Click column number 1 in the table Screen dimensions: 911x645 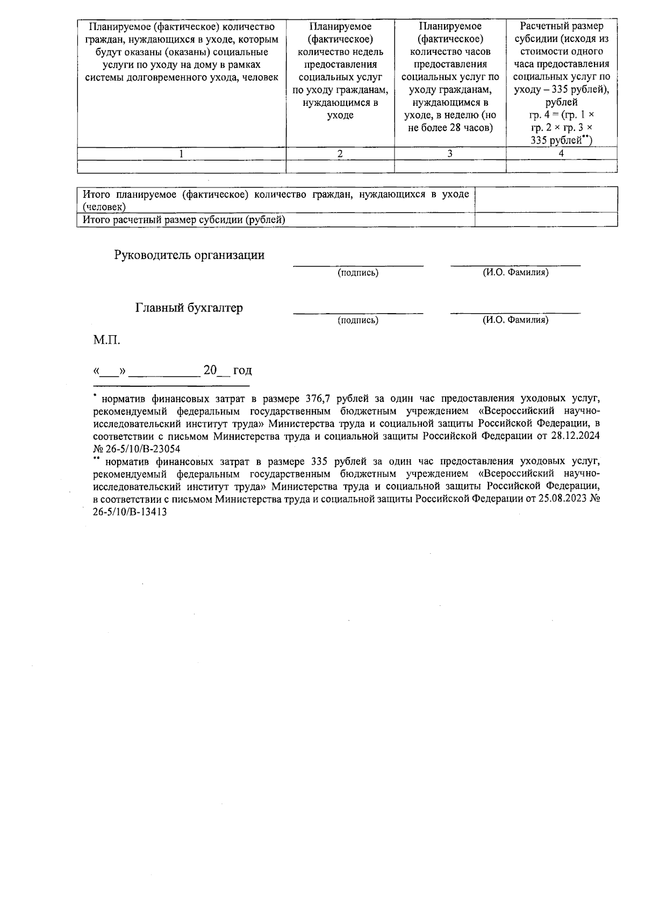tap(181, 154)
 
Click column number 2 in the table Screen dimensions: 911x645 tap(340, 154)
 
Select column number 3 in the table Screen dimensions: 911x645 tap(450, 154)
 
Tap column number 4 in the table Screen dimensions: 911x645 tap(561, 154)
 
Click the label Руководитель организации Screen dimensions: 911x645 tap(189, 255)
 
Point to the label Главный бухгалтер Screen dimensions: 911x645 tap(189, 308)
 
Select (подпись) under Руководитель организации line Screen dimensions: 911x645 tap(358, 273)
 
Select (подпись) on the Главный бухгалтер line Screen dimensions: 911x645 tap(358, 320)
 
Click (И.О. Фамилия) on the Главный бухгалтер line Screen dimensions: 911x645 tap(515, 320)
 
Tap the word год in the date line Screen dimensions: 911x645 tap(242, 371)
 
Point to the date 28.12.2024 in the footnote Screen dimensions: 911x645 tap(576, 436)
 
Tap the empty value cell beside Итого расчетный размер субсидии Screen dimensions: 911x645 tap(546, 220)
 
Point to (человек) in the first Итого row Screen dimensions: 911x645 tap(104, 207)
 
